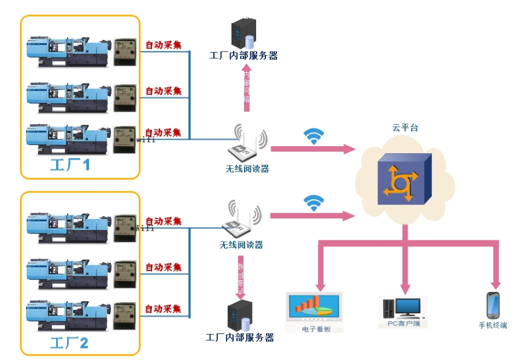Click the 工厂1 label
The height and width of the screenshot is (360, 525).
coord(70,165)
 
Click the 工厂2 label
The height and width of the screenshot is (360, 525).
coord(69,343)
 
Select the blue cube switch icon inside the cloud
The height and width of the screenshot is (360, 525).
coord(404,180)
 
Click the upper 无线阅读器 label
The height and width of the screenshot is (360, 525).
coord(247,169)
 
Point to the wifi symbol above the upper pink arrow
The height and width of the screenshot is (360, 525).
coord(314,136)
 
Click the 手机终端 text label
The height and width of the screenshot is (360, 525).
coord(493,325)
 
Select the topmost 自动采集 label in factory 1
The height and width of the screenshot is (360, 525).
coord(163,44)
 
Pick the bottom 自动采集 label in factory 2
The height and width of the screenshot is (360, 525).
coord(163,309)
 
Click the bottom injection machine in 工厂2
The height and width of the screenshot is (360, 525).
coord(68,316)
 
